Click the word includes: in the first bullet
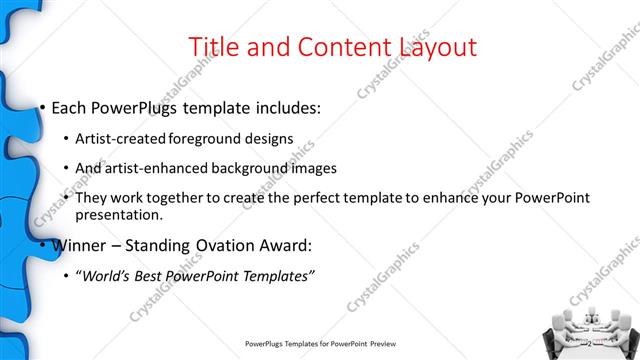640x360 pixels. (285, 106)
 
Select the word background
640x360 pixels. (253, 168)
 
